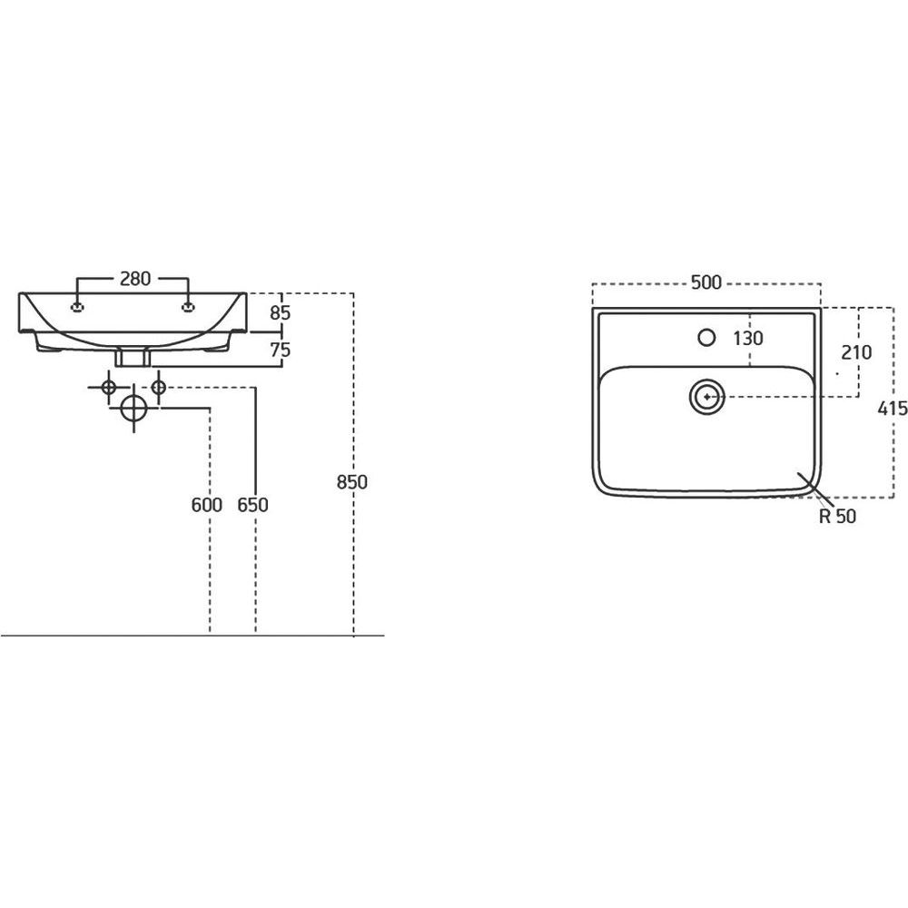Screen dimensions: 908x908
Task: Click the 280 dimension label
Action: [135, 279]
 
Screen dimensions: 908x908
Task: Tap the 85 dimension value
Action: [281, 312]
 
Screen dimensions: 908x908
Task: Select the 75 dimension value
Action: [281, 350]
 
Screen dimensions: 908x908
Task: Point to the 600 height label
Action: [207, 505]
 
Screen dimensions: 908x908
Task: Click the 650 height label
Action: [253, 505]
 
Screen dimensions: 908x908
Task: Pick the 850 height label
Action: [352, 482]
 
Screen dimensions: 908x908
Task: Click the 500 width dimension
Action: [706, 282]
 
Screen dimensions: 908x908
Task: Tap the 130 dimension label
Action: [748, 338]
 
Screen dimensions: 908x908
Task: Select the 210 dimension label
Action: [856, 352]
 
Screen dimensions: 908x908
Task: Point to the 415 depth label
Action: [893, 409]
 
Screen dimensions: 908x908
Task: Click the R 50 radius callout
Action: [837, 516]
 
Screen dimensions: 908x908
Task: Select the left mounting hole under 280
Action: [77, 308]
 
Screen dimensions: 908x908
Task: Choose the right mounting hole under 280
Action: [188, 308]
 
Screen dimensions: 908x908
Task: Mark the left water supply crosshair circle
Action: [108, 387]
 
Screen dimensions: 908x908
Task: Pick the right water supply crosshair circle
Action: [158, 387]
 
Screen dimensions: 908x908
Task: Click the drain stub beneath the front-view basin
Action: [133, 357]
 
